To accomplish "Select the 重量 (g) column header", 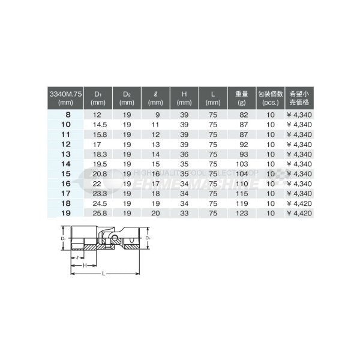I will click(x=242, y=97).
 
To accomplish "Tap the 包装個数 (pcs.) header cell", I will click(x=271, y=97).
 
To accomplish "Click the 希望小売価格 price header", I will click(x=299, y=97).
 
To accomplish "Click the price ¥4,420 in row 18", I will click(x=299, y=203).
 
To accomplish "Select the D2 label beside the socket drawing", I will click(x=148, y=239).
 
